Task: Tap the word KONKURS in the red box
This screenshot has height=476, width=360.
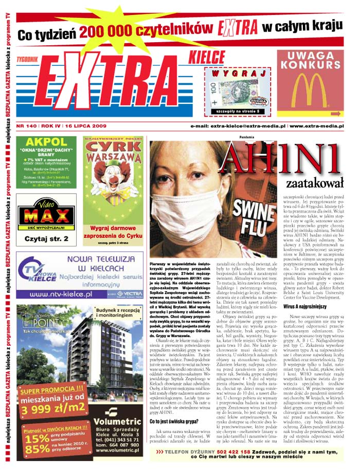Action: point(311,67)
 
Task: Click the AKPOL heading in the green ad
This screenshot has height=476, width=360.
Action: point(46,143)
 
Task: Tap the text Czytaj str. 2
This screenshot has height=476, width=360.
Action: point(46,239)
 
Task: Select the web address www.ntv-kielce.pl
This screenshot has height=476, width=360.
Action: point(61,294)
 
